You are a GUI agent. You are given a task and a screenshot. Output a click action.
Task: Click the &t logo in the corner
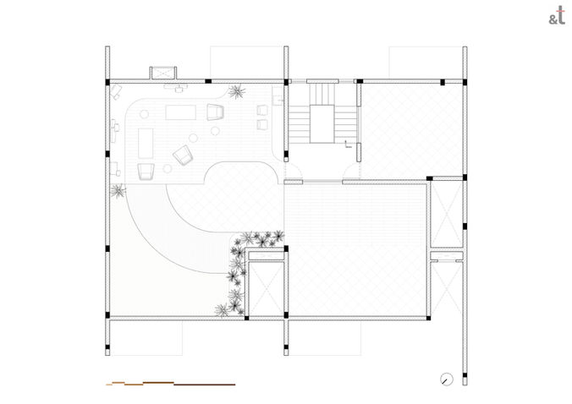point(557,16)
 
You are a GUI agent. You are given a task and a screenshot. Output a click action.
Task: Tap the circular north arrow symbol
point(447,379)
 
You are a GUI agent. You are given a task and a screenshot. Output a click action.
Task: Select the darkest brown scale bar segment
point(204,385)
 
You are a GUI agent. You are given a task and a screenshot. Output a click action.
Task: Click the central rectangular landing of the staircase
point(322,124)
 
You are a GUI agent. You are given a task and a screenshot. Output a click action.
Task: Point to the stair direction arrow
point(348,145)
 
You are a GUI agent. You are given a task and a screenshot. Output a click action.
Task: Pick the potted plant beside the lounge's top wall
point(236,91)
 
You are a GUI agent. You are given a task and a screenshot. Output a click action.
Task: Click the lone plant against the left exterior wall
point(118,190)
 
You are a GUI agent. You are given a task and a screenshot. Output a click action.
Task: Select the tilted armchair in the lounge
point(183,155)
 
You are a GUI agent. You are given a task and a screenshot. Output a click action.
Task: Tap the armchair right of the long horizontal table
point(215,112)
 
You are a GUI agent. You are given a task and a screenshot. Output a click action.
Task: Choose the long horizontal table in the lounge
point(181,112)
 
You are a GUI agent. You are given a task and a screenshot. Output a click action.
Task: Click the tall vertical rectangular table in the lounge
point(146,143)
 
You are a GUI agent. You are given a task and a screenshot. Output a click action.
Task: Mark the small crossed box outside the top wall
point(163,73)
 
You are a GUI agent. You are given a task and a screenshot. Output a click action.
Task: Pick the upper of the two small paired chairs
point(262,110)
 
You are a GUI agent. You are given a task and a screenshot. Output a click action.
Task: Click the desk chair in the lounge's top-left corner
point(117,91)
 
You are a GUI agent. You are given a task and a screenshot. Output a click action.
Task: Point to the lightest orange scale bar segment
point(109,385)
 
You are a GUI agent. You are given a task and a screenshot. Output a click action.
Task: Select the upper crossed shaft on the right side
point(448,214)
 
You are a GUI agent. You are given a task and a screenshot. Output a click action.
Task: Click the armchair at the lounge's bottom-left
point(146,172)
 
